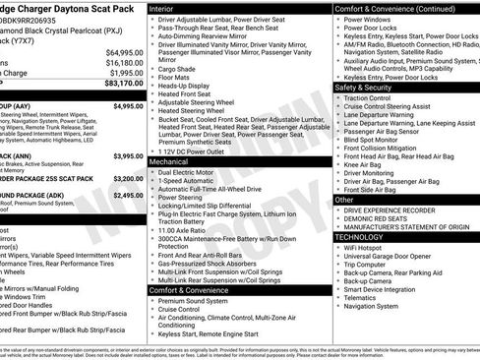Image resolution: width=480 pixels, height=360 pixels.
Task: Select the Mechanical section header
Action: pyautogui.click(x=174, y=161)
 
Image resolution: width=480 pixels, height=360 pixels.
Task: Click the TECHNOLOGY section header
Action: pyautogui.click(x=361, y=237)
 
